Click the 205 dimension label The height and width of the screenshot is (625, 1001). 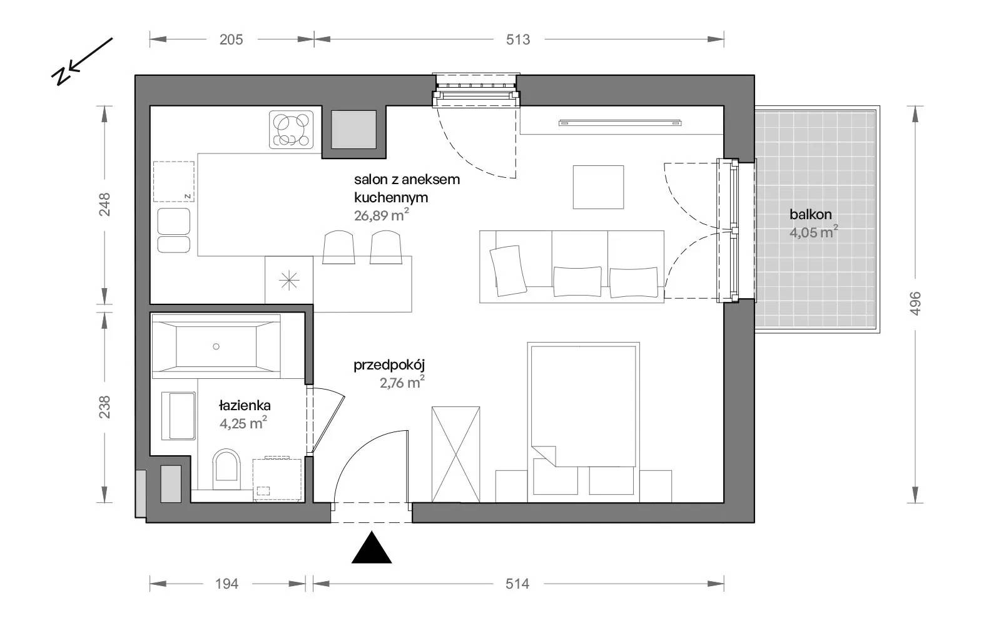point(231,40)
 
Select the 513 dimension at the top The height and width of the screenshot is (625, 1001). point(518,40)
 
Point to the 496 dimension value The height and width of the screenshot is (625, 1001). point(915,303)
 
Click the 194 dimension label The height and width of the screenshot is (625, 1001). point(227,584)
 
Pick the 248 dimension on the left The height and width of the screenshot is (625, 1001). point(104,204)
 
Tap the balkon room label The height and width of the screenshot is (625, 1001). point(811,214)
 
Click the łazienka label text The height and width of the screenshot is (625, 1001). point(245,406)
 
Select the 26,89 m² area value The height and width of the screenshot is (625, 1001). point(381,215)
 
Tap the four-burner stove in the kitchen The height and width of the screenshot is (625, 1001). point(292,129)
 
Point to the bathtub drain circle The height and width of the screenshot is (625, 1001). point(216,346)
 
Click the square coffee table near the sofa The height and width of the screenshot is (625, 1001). point(598,187)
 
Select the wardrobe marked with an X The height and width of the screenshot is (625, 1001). point(456,454)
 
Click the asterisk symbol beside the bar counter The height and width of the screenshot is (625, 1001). point(289,281)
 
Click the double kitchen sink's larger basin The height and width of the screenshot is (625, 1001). point(174,221)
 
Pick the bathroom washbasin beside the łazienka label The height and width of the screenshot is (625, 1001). point(179,416)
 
